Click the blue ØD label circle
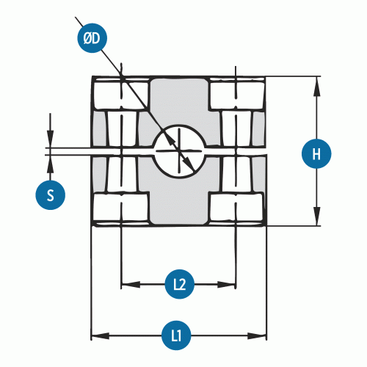(x=92, y=38)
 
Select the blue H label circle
(x=316, y=153)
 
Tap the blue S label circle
(x=51, y=195)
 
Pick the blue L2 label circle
(x=180, y=284)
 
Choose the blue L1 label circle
(x=176, y=335)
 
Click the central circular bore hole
(x=179, y=151)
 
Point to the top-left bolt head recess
(x=121, y=95)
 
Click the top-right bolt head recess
(x=236, y=95)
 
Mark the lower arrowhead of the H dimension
(x=317, y=216)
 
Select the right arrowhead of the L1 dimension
(x=257, y=335)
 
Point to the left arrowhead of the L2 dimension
(x=131, y=285)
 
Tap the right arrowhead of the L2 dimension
(x=227, y=285)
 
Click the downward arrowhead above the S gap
(x=51, y=139)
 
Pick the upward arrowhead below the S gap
(x=51, y=164)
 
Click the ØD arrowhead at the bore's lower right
(x=189, y=164)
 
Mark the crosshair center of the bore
(x=179, y=151)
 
